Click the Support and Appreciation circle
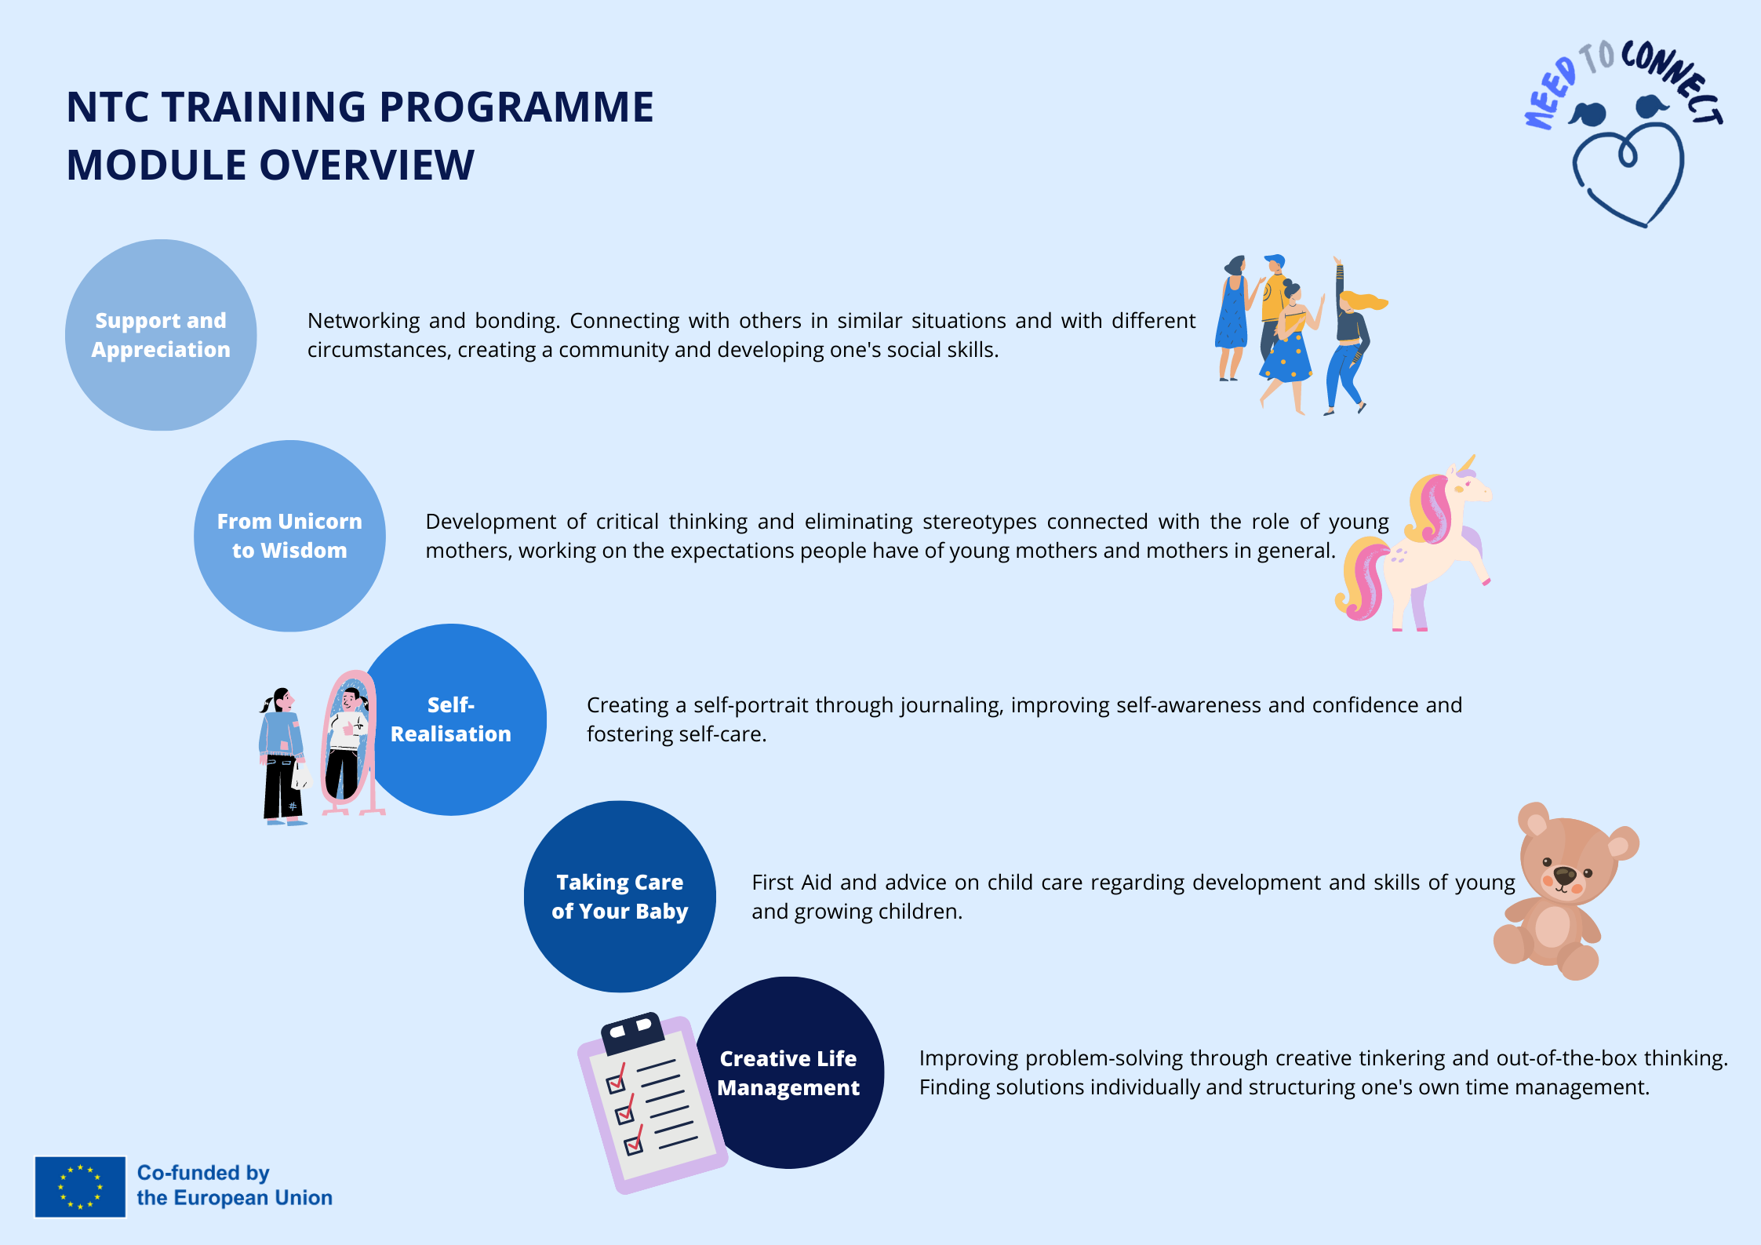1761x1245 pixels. pos(161,335)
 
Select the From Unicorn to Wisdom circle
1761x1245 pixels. pos(289,536)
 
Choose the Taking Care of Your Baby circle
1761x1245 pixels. pos(620,897)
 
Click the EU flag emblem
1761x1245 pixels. pos(80,1187)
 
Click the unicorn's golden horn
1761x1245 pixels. pos(1466,464)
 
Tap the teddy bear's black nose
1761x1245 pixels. pos(1564,875)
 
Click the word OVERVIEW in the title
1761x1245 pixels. pos(366,166)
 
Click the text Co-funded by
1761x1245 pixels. pos(203,1173)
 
